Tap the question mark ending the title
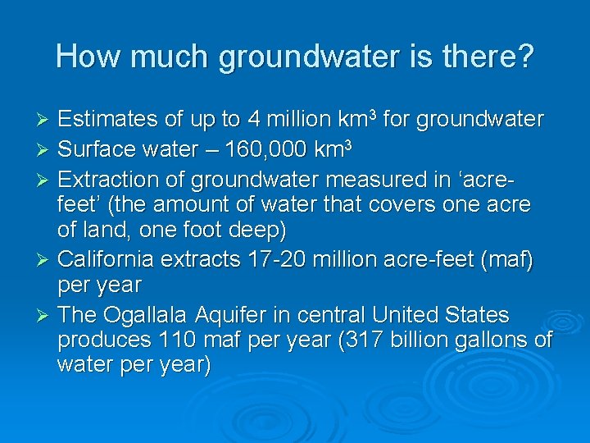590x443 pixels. [x=525, y=57]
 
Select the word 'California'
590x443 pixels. [x=107, y=260]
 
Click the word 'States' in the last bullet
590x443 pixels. [x=478, y=316]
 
